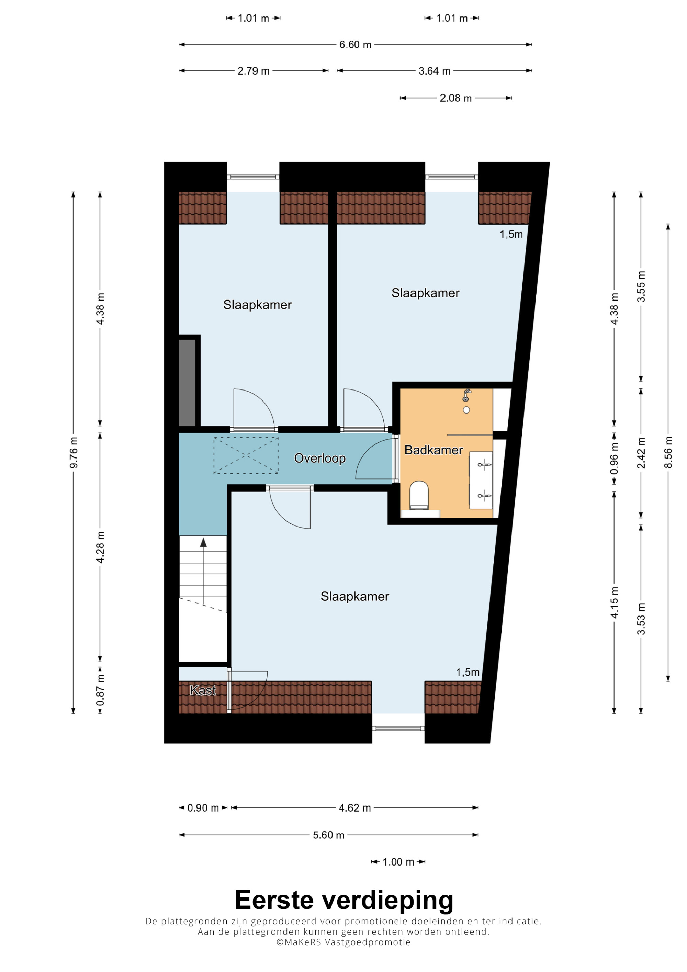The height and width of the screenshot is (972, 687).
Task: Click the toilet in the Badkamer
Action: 419,495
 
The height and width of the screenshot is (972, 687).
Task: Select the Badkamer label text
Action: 433,450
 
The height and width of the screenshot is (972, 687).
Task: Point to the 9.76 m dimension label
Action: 74,453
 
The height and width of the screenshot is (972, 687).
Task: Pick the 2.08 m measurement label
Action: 455,98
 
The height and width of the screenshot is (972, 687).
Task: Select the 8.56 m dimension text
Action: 668,453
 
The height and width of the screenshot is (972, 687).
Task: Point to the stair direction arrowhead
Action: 204,542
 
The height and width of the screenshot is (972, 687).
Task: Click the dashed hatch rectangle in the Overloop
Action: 246,455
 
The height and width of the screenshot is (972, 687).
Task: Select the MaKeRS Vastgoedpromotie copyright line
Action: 343,942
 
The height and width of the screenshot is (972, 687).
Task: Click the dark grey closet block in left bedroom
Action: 187,383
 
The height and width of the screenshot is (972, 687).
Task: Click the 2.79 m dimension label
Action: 253,71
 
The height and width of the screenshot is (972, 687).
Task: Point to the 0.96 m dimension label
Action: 614,459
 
